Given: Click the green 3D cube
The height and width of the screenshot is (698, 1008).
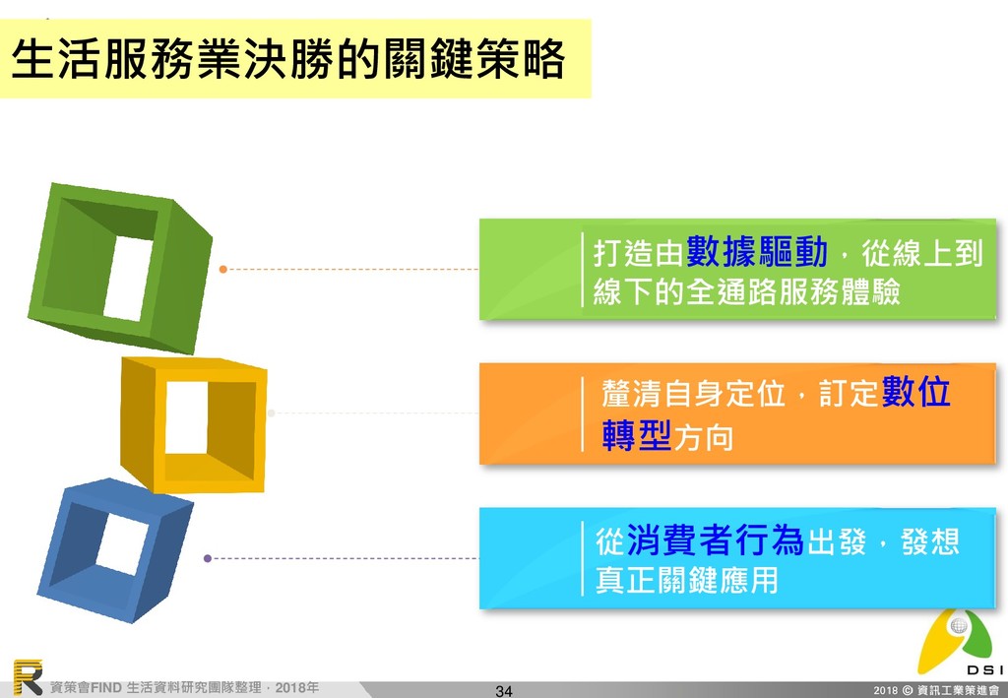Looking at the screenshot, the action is pos(118,266).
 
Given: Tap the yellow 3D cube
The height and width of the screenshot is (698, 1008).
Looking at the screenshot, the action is pos(193,423).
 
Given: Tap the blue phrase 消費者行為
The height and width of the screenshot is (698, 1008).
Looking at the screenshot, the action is pos(715,540).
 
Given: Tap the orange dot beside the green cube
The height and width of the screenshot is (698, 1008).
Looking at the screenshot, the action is pos(223,268).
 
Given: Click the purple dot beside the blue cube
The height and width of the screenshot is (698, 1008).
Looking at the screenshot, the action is pos(207,558).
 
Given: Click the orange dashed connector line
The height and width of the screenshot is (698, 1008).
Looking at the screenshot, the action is pos(354,268).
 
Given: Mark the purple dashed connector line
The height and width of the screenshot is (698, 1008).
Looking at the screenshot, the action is pos(345,558).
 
